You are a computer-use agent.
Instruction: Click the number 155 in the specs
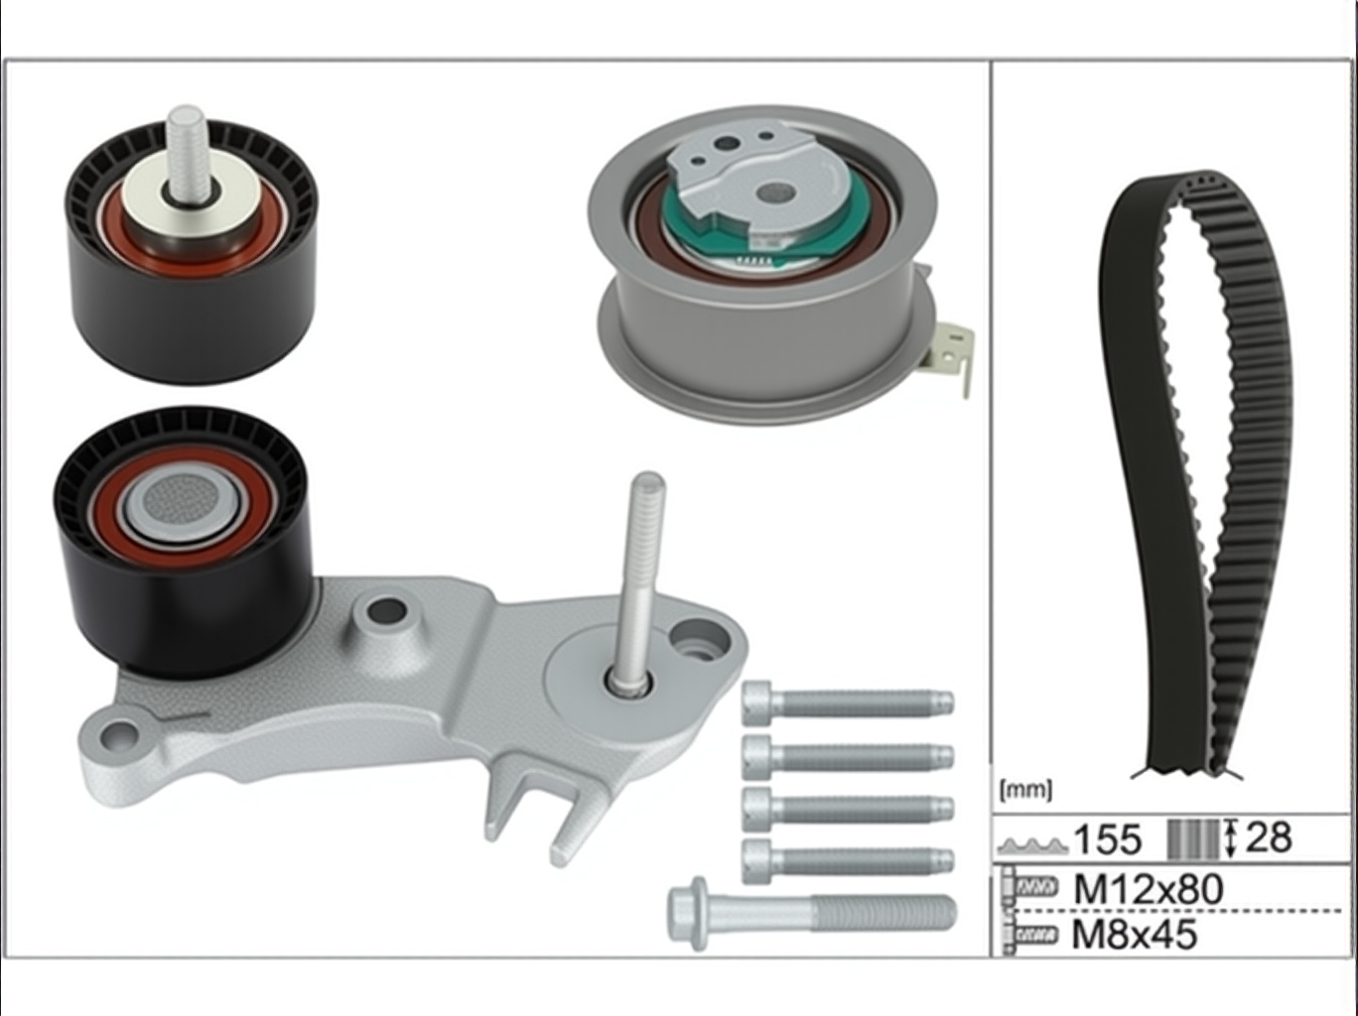click(1108, 839)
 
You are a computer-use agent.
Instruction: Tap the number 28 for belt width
click(1268, 837)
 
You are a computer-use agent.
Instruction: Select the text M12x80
click(1149, 890)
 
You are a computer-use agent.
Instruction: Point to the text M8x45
click(1135, 935)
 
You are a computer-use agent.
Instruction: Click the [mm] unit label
click(1025, 791)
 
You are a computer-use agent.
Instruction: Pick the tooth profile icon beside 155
click(1033, 844)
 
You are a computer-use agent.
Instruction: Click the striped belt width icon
click(1193, 839)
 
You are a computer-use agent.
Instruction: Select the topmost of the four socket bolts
click(848, 703)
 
